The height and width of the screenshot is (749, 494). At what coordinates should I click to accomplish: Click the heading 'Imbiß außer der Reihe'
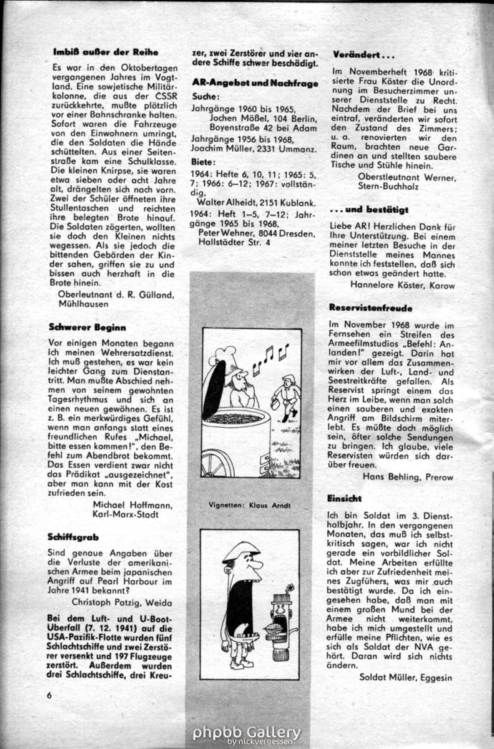pyautogui.click(x=105, y=52)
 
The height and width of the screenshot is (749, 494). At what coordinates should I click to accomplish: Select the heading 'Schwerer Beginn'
pyautogui.click(x=87, y=326)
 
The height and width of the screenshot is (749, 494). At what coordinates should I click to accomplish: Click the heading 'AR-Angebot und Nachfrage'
pyautogui.click(x=255, y=82)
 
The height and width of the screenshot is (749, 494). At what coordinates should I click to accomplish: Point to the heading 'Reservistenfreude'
pyautogui.click(x=370, y=308)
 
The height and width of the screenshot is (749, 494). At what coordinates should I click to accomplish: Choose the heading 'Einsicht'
pyautogui.click(x=344, y=499)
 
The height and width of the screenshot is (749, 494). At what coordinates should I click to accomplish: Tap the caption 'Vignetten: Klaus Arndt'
pyautogui.click(x=250, y=505)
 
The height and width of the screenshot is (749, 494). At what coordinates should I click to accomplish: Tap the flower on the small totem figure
pyautogui.click(x=289, y=589)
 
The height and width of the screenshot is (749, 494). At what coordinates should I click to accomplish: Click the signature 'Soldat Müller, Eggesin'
pyautogui.click(x=405, y=677)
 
